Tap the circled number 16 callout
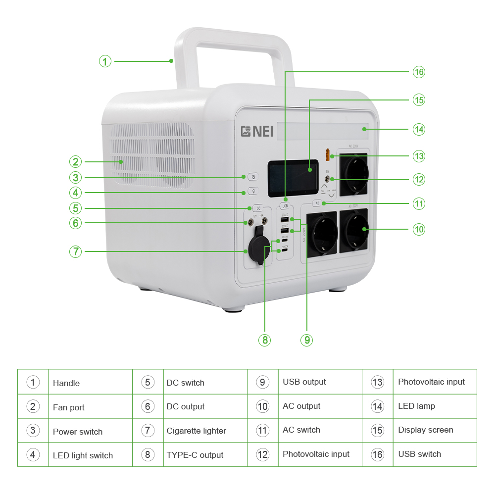(419, 72)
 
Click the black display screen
(293, 178)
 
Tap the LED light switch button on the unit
(253, 192)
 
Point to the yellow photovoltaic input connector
(327, 155)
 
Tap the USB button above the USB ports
(285, 205)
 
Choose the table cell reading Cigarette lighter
(196, 431)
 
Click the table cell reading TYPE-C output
(195, 455)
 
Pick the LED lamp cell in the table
(416, 406)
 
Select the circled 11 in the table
(262, 430)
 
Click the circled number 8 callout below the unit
(265, 340)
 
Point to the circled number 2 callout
(75, 161)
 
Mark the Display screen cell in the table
(425, 430)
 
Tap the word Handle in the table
(66, 383)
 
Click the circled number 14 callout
(419, 129)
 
